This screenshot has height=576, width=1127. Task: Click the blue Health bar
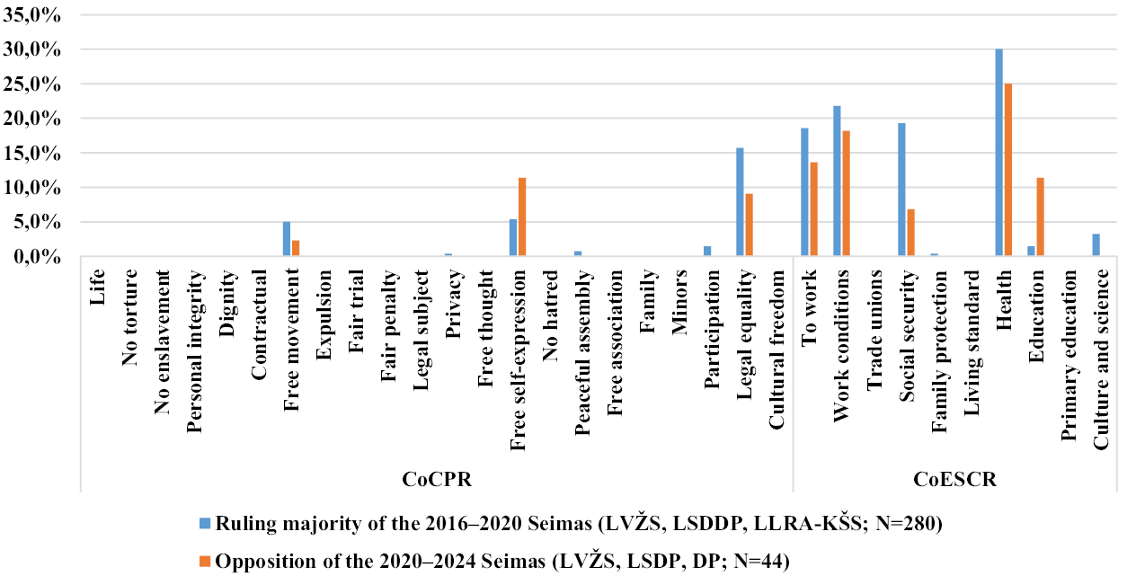tap(998, 153)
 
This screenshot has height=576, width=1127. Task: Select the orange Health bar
tap(1007, 170)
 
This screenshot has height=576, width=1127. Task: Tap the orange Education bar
tap(1040, 217)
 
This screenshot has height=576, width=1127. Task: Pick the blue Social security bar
tap(901, 190)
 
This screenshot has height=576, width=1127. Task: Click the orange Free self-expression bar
tap(522, 217)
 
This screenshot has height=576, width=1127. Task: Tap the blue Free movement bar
tap(287, 239)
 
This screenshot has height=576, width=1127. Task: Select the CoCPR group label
tap(437, 480)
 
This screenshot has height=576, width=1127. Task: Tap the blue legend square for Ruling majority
tap(205, 524)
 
